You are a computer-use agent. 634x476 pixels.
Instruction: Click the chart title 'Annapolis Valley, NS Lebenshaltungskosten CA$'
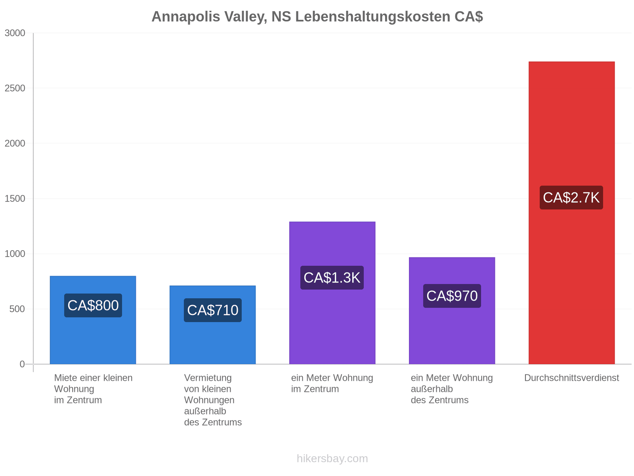[317, 17]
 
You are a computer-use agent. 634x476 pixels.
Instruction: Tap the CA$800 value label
[93, 305]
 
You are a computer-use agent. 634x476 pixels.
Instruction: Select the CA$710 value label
[212, 310]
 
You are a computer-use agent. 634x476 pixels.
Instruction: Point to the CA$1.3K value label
[332, 277]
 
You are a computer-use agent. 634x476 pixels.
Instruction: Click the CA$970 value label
[452, 296]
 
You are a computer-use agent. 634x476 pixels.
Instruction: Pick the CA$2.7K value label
[571, 198]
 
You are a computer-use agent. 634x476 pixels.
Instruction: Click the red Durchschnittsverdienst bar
[572, 213]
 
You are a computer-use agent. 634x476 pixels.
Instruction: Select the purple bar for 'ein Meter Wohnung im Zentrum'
[332, 293]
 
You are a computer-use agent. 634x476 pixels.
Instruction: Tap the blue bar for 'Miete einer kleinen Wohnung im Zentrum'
[93, 320]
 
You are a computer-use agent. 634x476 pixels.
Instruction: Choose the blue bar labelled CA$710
[212, 325]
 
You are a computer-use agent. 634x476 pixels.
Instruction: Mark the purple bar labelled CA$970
[452, 311]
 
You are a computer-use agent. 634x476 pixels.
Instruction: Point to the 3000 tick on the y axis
[15, 33]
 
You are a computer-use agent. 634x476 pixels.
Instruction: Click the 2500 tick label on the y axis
[15, 88]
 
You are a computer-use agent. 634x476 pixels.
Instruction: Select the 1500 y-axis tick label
[15, 199]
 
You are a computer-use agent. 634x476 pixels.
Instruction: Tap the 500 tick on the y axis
[17, 309]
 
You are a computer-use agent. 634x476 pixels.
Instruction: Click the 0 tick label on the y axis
[22, 364]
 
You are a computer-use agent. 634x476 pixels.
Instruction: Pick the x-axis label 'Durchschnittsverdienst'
[572, 378]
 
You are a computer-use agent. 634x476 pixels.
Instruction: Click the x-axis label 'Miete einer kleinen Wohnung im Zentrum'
[93, 389]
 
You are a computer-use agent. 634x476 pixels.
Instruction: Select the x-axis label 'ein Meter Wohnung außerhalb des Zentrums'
[452, 389]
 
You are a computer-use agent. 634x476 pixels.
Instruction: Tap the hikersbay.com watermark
[332, 459]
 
